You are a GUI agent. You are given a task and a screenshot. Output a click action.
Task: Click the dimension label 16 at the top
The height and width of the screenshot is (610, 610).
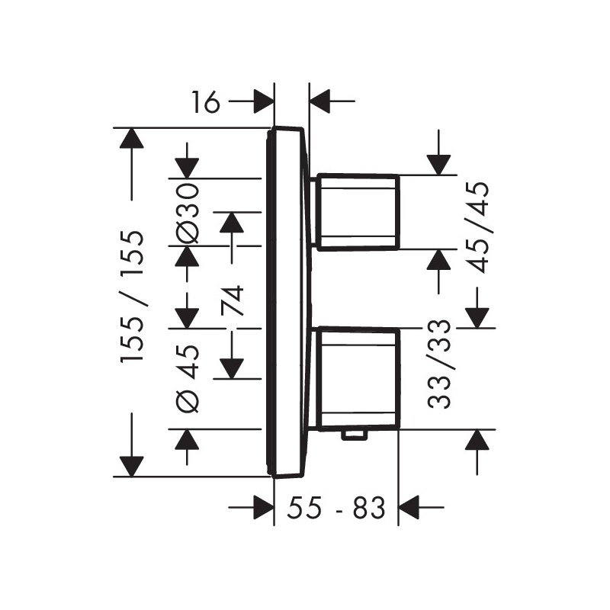pos(206,102)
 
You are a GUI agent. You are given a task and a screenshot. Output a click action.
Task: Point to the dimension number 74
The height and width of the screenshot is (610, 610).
pos(233,300)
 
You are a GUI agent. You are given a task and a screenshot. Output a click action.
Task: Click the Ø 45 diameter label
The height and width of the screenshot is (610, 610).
pos(188,378)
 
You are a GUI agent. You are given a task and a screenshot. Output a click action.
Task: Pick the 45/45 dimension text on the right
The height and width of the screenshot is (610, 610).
pos(478,227)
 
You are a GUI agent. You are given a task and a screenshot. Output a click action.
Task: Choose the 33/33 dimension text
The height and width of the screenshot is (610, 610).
pos(440,364)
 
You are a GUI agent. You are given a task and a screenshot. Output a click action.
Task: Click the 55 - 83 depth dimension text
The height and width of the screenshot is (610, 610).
pos(335,507)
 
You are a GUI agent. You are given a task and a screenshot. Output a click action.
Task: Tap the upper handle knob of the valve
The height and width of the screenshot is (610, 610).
pos(358,212)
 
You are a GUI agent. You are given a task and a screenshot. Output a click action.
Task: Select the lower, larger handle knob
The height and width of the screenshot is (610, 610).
pos(358,379)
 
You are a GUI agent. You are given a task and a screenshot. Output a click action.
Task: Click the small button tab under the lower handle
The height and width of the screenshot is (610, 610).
pos(354,435)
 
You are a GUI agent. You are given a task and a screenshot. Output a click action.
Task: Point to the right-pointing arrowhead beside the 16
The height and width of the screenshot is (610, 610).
pos(264,101)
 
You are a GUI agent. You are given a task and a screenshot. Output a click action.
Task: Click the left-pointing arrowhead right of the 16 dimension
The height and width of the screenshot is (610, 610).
pos(319,101)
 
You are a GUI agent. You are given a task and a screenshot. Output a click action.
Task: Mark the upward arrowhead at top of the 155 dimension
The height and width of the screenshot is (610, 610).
pos(132,138)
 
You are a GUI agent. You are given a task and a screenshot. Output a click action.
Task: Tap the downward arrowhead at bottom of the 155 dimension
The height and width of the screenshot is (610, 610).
pos(132,466)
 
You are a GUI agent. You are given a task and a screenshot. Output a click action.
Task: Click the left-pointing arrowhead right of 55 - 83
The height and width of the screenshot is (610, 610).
pos(409,507)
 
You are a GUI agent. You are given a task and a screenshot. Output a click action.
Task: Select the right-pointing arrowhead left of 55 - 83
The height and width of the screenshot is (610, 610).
pos(264,507)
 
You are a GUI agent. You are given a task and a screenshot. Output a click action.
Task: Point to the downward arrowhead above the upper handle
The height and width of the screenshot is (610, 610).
pos(439,165)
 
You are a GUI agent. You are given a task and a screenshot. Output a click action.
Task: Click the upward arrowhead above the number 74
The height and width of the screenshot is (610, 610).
pos(232,223)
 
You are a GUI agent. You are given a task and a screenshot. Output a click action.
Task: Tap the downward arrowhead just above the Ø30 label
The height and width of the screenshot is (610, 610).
pos(187,168)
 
